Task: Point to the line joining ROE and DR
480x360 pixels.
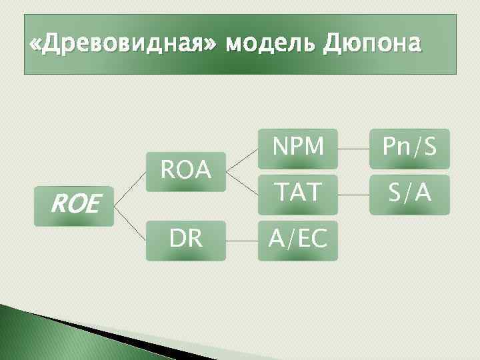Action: [130, 223]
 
